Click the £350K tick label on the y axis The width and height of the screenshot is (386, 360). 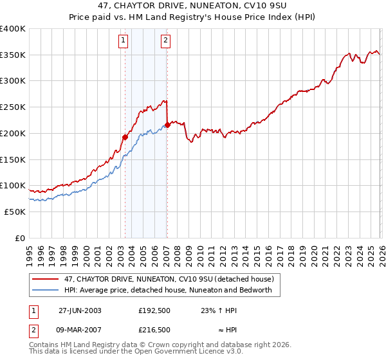tap(13, 55)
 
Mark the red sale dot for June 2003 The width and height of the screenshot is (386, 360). tap(125, 137)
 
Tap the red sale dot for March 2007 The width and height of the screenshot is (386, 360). tap(167, 125)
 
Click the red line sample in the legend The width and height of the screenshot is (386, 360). tap(46, 279)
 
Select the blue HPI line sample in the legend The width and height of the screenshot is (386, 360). tap(46, 290)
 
